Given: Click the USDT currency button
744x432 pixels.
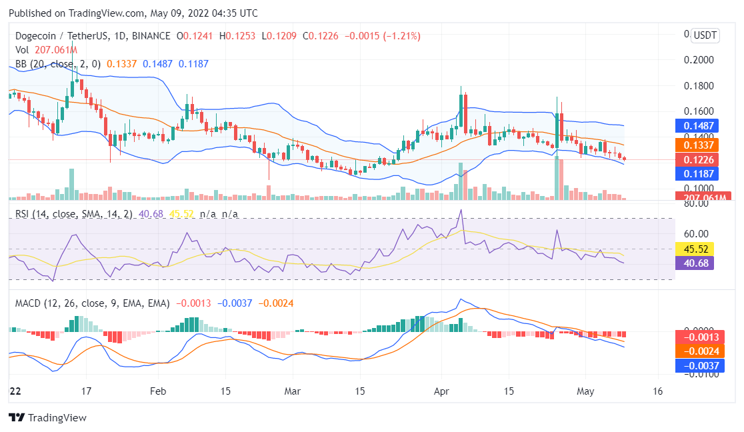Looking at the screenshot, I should point(705,35).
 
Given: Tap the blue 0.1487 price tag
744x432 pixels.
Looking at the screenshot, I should point(696,125).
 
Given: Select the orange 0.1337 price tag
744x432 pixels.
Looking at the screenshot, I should point(696,144).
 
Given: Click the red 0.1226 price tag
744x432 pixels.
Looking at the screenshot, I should point(696,159).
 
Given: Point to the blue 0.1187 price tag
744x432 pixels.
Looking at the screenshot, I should point(696,174).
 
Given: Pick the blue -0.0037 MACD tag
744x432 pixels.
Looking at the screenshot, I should point(696,365).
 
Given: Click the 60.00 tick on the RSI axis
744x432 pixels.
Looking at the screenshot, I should point(696,234).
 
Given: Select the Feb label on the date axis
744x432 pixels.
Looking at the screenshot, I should point(157,391).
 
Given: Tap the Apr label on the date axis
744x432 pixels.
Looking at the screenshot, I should point(440,391).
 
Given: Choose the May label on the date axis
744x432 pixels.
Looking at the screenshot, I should point(585,391).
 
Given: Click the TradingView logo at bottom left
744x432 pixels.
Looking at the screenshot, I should point(47,418).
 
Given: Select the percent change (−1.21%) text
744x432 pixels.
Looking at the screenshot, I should point(401,36).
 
